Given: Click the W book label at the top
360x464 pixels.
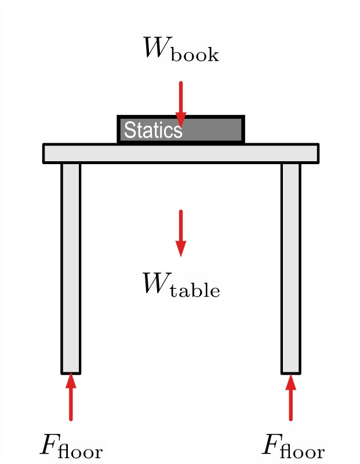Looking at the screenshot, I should [180, 49].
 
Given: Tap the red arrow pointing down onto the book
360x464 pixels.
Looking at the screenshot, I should [181, 101].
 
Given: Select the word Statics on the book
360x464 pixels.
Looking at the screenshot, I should [153, 130].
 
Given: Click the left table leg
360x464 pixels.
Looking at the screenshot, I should [71, 261].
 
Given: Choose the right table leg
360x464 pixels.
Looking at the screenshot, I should [290, 261].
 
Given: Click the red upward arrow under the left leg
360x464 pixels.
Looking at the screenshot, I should [71, 397].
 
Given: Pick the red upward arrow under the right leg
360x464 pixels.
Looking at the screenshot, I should [290, 397].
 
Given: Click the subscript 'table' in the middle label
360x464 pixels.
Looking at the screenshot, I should [197, 290].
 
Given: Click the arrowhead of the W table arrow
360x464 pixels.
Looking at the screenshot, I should [181, 249].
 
